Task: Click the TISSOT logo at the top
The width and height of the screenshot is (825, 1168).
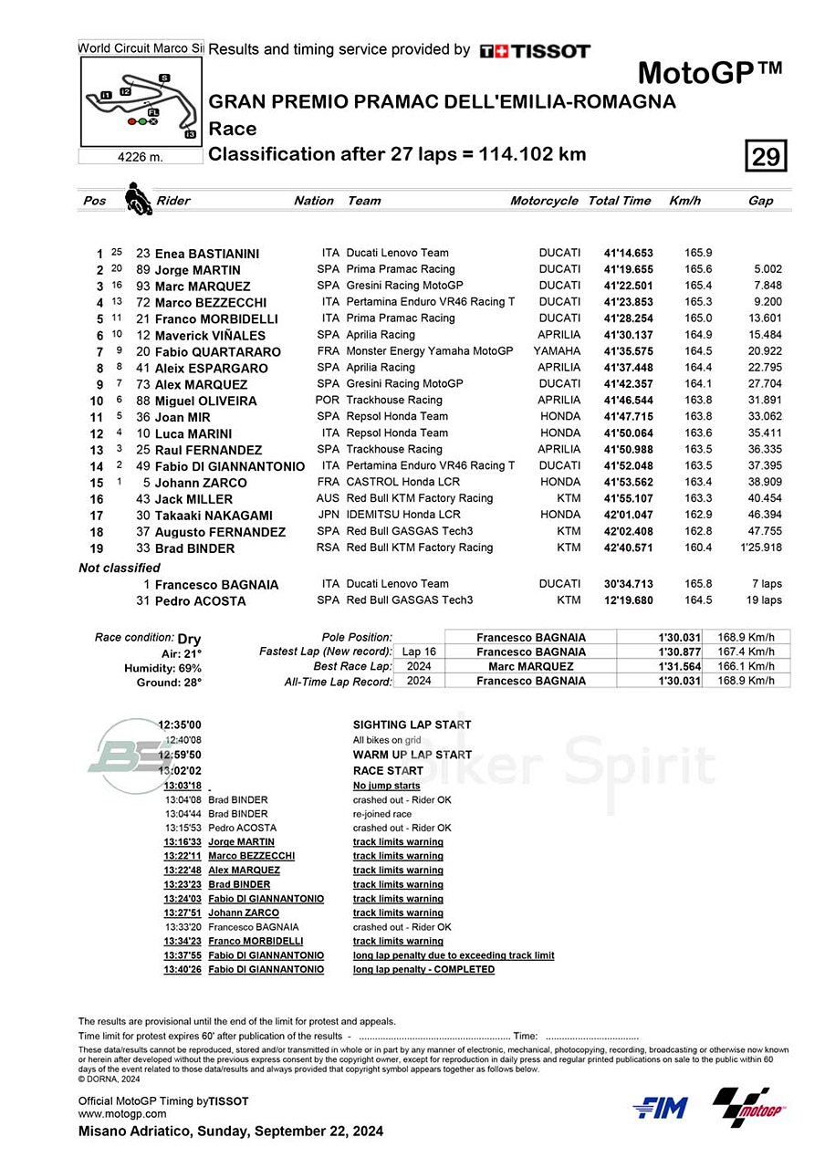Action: tap(535, 51)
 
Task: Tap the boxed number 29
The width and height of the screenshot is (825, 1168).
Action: tap(766, 157)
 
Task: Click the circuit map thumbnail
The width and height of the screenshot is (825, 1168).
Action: tap(141, 101)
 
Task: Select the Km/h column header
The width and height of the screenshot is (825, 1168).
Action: tap(684, 201)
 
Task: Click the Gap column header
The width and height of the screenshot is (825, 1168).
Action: tap(760, 201)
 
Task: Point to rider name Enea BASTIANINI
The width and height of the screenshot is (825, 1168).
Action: tap(207, 254)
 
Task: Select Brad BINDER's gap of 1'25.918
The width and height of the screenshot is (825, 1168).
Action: tap(760, 548)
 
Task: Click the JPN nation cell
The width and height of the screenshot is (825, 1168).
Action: tap(329, 516)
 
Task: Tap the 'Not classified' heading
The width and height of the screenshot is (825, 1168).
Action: tap(120, 568)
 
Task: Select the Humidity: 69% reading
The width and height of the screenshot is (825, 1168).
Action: tap(162, 668)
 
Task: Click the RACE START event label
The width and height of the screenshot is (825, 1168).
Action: tap(388, 771)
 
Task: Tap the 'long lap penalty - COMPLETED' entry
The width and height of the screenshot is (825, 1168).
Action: tap(423, 969)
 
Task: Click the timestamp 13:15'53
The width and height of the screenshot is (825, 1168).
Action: tap(183, 828)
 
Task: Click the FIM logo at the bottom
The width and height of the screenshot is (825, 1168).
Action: tap(660, 1108)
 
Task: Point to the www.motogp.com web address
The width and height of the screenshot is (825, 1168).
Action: tap(122, 1113)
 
